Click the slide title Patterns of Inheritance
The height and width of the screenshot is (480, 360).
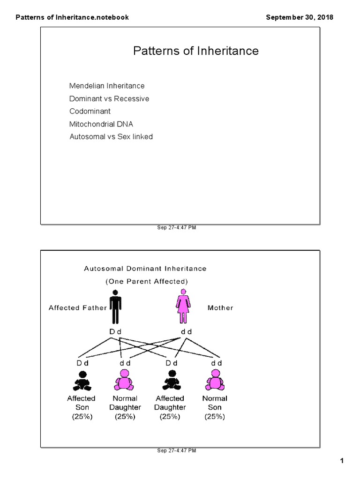pyautogui.click(x=195, y=51)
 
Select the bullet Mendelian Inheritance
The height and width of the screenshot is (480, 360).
pyautogui.click(x=107, y=86)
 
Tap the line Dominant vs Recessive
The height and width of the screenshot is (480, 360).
pyautogui.click(x=109, y=99)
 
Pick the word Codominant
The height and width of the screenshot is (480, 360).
pyautogui.click(x=90, y=112)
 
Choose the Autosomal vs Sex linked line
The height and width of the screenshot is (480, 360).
pyautogui.click(x=111, y=137)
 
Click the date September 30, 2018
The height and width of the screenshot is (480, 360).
pyautogui.click(x=300, y=17)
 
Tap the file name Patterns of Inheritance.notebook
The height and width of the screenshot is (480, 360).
pyautogui.click(x=72, y=17)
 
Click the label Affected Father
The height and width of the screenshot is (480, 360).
pyautogui.click(x=78, y=308)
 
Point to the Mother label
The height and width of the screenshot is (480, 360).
pyautogui.click(x=220, y=308)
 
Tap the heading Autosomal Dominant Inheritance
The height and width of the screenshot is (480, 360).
pyautogui.click(x=145, y=269)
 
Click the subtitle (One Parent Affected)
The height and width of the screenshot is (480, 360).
pyautogui.click(x=147, y=281)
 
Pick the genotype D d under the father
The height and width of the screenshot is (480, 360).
pyautogui.click(x=115, y=332)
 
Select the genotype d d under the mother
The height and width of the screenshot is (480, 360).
pyautogui.click(x=187, y=332)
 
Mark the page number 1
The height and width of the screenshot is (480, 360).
pyautogui.click(x=342, y=462)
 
